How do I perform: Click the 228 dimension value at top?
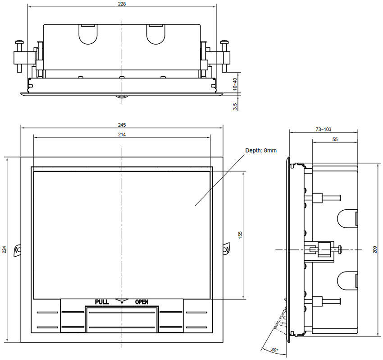click(122, 4)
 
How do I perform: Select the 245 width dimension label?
click(122, 125)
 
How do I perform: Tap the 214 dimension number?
click(122, 134)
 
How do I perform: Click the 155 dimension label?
click(241, 235)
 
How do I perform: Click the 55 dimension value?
click(335, 140)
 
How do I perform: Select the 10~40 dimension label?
click(235, 84)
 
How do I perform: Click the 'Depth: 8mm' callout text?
click(261, 150)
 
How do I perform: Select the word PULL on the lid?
click(102, 302)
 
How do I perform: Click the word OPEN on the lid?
click(141, 302)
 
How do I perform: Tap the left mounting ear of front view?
click(18, 249)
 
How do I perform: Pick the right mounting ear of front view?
click(227, 249)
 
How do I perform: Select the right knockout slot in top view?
click(156, 33)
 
